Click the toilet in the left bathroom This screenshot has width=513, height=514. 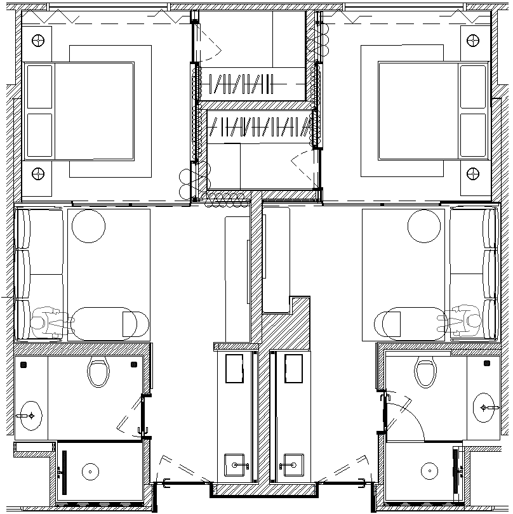(98, 373)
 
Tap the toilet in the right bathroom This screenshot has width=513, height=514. (425, 373)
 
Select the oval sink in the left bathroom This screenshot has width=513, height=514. (29, 416)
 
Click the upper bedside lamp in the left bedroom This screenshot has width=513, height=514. (38, 41)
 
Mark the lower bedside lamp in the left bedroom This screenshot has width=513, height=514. (38, 173)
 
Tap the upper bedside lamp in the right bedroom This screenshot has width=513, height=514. (473, 41)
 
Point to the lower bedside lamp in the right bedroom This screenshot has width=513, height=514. (473, 173)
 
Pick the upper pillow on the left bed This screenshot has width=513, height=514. (39, 86)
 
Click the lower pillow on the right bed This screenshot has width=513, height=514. (472, 135)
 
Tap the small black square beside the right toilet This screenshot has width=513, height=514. (487, 364)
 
